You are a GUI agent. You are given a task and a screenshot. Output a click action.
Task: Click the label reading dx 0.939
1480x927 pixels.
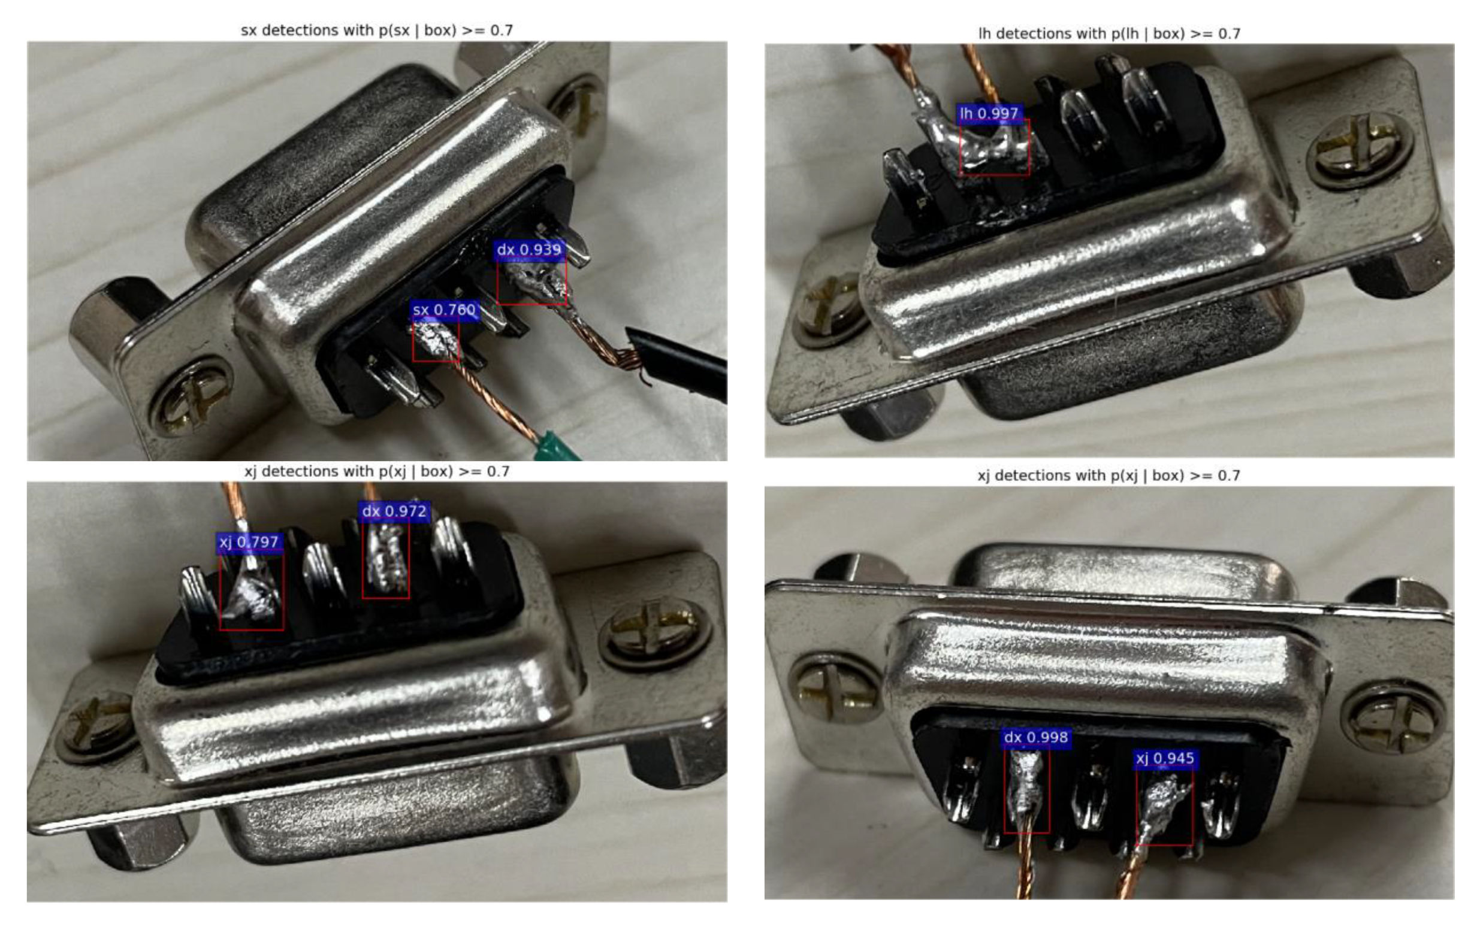coord(528,250)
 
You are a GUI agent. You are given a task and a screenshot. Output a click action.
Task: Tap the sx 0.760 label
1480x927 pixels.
coord(444,310)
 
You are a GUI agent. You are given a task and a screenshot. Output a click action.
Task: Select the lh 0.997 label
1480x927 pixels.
coord(989,113)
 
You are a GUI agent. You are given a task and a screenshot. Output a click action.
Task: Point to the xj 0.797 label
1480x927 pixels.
coord(249,542)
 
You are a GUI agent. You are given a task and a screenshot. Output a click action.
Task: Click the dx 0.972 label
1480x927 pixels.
coord(394,511)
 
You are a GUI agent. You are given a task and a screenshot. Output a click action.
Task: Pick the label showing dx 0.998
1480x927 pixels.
coord(1035,738)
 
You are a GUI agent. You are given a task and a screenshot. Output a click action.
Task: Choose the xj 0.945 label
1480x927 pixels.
coord(1165,759)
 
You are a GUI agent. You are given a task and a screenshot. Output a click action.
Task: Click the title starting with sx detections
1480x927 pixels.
coord(377,30)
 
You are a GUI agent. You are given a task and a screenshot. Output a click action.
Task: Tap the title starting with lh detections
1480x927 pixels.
coord(1109,34)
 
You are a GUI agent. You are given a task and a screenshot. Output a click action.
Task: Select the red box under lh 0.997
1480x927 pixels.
coord(994,148)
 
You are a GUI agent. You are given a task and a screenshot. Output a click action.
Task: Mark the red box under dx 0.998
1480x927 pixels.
coord(1027,791)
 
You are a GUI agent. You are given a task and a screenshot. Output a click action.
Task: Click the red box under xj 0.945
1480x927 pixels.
coord(1164,807)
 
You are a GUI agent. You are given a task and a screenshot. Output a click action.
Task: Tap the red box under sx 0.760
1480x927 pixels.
coord(436,341)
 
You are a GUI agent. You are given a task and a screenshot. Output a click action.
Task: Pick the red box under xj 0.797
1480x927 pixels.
coord(252,592)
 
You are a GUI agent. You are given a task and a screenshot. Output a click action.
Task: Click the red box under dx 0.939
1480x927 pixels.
coord(531,282)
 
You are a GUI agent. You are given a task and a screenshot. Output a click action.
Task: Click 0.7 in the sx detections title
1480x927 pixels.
coord(501,30)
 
